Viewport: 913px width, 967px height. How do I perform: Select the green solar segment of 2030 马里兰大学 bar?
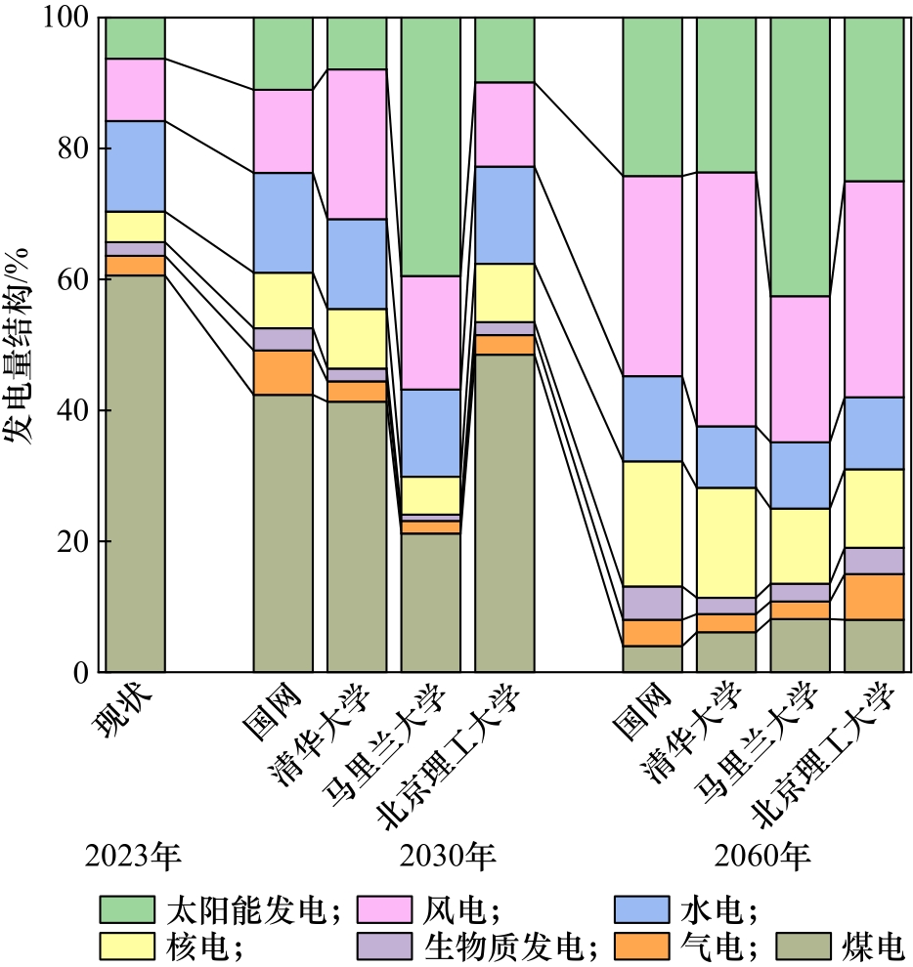[x=431, y=147]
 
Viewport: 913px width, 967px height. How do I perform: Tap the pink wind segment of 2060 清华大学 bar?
[x=726, y=299]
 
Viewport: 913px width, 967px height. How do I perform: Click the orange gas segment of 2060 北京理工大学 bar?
[x=874, y=597]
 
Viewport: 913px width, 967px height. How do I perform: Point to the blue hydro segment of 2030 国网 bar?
[x=283, y=223]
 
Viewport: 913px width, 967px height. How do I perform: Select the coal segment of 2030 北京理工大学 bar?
[x=504, y=513]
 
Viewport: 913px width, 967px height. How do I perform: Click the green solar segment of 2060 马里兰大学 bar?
[x=800, y=156]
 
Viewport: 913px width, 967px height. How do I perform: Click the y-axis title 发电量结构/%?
[x=19, y=346]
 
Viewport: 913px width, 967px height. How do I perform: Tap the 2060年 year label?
[x=763, y=857]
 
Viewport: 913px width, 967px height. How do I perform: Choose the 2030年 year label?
[x=449, y=857]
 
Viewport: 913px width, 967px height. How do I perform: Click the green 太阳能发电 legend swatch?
[x=127, y=909]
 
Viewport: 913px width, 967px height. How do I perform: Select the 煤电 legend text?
[x=871, y=946]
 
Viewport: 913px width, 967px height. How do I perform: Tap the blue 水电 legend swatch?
[x=642, y=909]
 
